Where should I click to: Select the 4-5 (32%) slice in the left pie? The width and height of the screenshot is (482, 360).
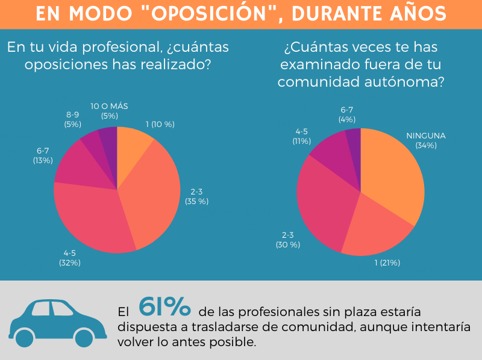[x=96, y=217]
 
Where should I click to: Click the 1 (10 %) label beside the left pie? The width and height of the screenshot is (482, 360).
[x=160, y=125]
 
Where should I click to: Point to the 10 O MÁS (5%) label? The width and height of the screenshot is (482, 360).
[x=109, y=111]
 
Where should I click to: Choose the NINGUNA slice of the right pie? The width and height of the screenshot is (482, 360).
[x=392, y=175]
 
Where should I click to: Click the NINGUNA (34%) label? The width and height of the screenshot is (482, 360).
[x=425, y=140]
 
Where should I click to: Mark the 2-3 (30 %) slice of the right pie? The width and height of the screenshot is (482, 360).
[x=322, y=205]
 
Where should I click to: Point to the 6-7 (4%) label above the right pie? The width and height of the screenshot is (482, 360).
[x=346, y=114]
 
